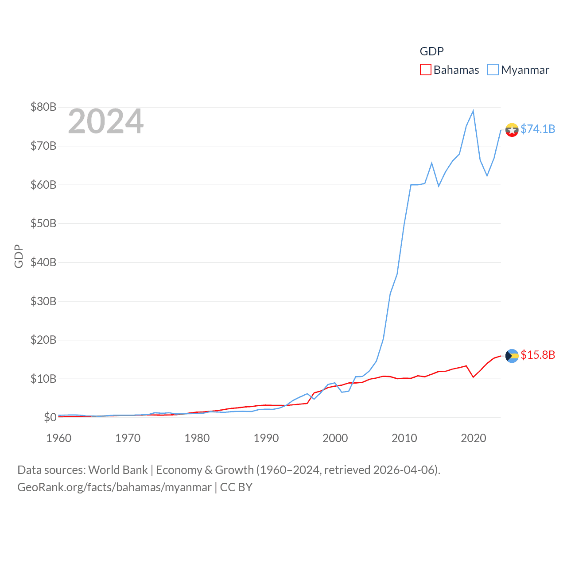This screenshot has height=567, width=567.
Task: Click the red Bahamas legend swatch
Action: [x=425, y=70]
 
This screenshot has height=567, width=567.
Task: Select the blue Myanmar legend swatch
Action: [x=493, y=70]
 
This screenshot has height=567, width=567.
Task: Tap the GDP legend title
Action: [x=431, y=51]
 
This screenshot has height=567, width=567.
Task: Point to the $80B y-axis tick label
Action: [x=43, y=107]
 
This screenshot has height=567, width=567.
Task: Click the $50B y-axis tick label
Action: [x=43, y=223]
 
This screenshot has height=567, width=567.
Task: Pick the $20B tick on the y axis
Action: [x=43, y=340]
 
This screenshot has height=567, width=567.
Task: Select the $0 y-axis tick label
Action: [x=50, y=417]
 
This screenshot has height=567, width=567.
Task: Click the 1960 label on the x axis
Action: [x=58, y=438]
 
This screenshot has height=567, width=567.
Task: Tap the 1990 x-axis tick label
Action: [x=266, y=438]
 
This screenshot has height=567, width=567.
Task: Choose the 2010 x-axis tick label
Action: [x=404, y=438]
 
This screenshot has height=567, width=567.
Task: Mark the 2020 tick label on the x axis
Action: [x=473, y=438]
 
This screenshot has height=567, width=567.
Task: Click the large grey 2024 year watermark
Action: [x=105, y=121]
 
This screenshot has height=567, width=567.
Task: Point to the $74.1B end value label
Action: [x=538, y=129]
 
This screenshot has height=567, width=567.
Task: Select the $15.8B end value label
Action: [x=538, y=355]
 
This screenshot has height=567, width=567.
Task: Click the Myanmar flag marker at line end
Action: [x=512, y=130]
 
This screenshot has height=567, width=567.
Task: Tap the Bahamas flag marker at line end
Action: [x=512, y=356]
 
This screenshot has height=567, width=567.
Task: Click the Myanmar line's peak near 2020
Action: [x=473, y=111]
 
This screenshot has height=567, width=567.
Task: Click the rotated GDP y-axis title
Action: [x=19, y=256]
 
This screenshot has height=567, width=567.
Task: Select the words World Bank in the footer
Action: [x=118, y=470]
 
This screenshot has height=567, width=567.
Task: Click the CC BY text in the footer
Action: [x=236, y=487]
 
